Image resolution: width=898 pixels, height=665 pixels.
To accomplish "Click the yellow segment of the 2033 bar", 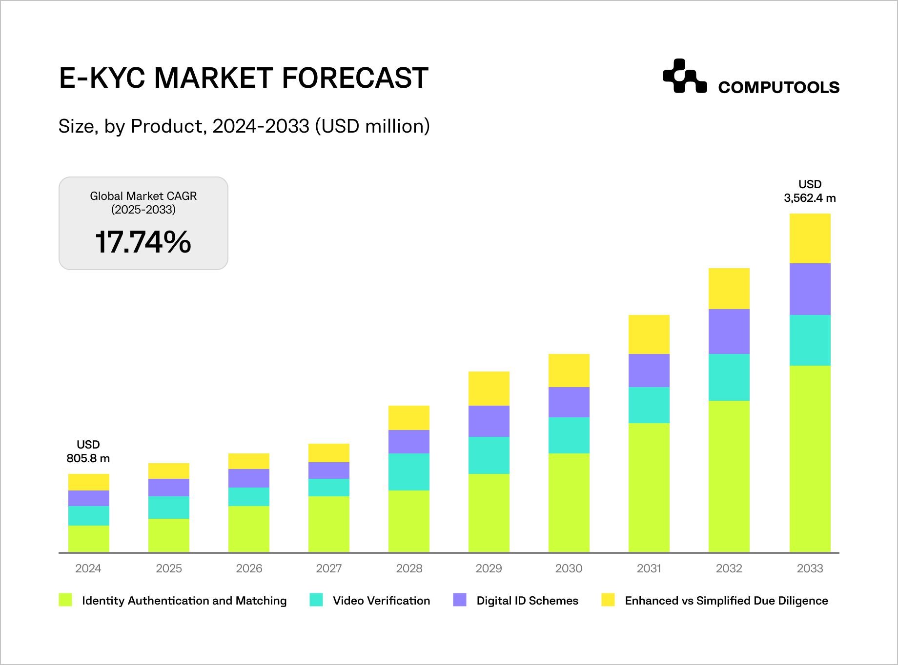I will coord(810,238).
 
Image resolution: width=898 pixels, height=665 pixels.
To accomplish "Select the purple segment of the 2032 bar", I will coord(729,332).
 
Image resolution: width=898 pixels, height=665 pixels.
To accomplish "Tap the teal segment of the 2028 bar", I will coord(408,472).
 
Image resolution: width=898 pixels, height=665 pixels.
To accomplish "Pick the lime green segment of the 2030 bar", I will coord(569,503).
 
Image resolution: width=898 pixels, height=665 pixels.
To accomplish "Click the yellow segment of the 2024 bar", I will coord(88,482).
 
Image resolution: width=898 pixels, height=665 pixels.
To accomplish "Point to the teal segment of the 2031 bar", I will coord(649,405).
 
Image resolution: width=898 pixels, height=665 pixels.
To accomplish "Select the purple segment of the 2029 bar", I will coord(489,421).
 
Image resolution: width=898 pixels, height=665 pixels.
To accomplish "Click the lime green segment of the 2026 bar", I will coord(248,529).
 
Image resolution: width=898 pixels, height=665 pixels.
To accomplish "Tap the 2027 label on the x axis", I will coord(328,568).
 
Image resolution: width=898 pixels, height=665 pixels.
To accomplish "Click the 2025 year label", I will coord(168,568).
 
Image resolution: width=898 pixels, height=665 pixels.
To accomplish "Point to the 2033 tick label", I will coord(810,568).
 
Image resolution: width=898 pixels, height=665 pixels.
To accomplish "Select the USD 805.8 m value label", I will coord(88,452).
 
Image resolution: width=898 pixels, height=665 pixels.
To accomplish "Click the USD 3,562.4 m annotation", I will coord(810,191).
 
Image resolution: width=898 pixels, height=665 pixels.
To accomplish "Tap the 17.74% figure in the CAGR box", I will coord(143,242).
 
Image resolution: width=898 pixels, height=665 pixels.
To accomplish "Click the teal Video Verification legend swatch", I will coord(316,600).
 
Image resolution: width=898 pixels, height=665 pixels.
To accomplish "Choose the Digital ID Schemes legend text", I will coord(527,601).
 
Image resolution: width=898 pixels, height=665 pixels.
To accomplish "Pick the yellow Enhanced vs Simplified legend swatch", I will coord(608,600).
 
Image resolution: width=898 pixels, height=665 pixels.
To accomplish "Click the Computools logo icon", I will coord(684,77).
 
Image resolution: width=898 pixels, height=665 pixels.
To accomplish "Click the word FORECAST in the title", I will coord(355,78).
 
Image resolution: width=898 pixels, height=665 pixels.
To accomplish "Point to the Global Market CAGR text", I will coord(143,196).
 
